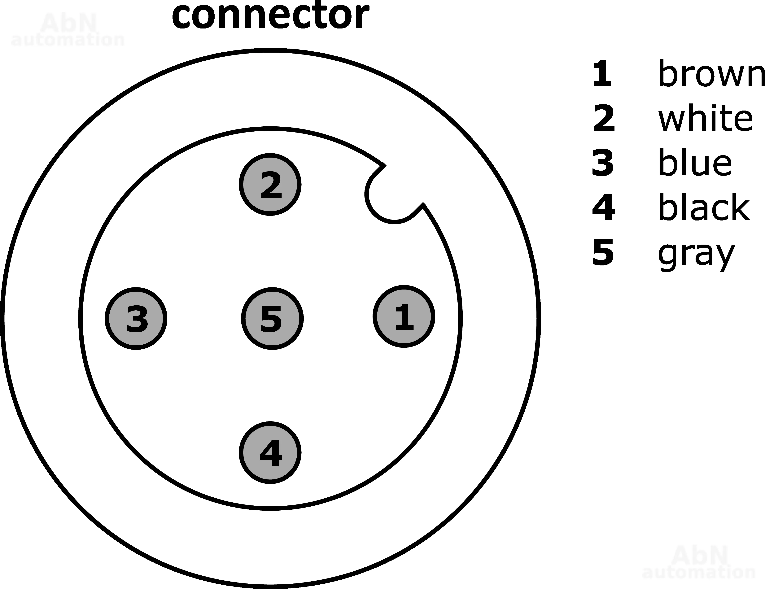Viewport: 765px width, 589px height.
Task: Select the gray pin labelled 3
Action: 136,318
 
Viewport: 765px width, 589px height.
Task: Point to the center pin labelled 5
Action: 272,318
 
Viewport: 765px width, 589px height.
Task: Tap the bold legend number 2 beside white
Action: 603,118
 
